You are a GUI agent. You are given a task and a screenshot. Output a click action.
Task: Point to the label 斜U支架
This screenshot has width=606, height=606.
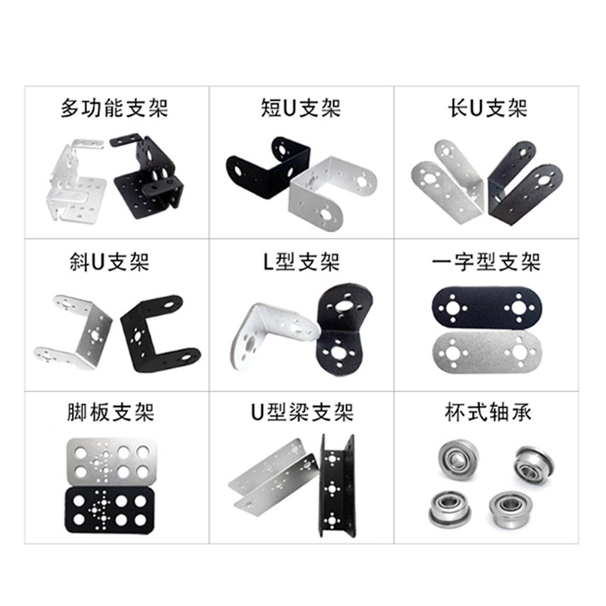pyautogui.click(x=114, y=263)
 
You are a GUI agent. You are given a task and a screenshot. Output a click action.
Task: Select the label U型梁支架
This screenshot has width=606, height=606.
pyautogui.click(x=301, y=414)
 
